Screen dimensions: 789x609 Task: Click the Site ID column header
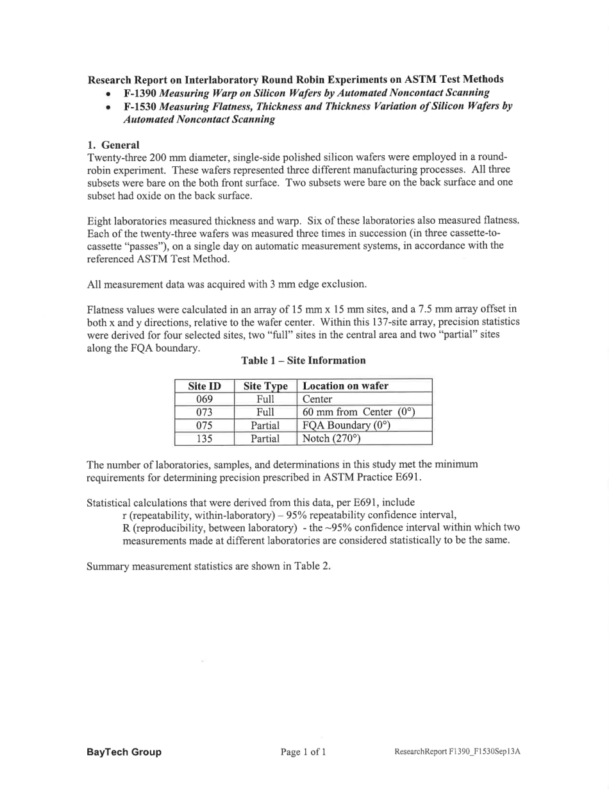tap(204, 386)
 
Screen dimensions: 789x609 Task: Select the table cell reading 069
tap(204, 400)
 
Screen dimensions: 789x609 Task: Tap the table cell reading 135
tap(204, 439)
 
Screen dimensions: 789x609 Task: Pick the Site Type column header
tap(265, 386)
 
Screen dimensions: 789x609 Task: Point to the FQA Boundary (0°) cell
tap(346, 426)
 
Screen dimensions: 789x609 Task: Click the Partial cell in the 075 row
tap(265, 426)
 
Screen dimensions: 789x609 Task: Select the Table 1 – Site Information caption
tap(303, 361)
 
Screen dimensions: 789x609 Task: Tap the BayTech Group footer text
tap(124, 752)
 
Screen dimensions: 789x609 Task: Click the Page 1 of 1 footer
tap(303, 752)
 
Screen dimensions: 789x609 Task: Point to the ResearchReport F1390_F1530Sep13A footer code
tap(457, 752)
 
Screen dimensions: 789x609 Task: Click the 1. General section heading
tap(113, 145)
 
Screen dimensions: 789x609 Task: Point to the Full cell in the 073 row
tap(265, 412)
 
